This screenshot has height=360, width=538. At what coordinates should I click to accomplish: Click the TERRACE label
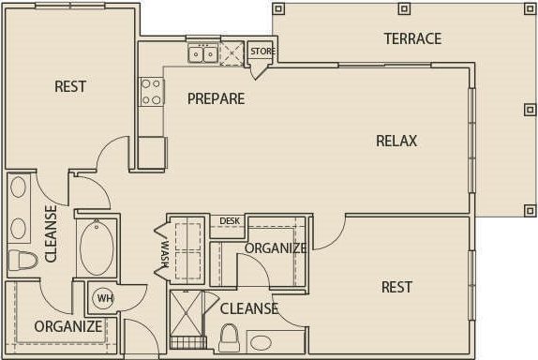[412, 38]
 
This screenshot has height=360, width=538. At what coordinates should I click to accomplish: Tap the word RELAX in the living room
[396, 141]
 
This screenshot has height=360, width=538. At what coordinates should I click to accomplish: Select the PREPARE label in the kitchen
[216, 98]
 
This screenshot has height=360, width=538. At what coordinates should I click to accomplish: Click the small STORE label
[262, 51]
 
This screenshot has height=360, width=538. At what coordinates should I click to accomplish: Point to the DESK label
[230, 221]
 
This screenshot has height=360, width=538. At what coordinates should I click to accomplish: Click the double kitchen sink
[202, 53]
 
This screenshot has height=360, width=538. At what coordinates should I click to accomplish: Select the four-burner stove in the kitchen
[151, 91]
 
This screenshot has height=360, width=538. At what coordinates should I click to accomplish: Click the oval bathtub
[96, 247]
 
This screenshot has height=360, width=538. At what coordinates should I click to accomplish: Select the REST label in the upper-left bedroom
[70, 86]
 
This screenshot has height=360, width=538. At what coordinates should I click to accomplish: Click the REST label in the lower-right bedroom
[396, 287]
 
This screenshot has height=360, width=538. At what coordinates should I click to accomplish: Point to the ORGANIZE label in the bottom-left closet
[67, 326]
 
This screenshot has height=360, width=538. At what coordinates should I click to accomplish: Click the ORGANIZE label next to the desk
[276, 248]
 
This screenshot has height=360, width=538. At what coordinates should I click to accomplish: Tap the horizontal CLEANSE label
[248, 308]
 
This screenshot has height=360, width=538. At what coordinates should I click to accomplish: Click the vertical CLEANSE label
[51, 232]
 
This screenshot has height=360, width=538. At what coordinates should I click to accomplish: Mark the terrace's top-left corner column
[278, 8]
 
